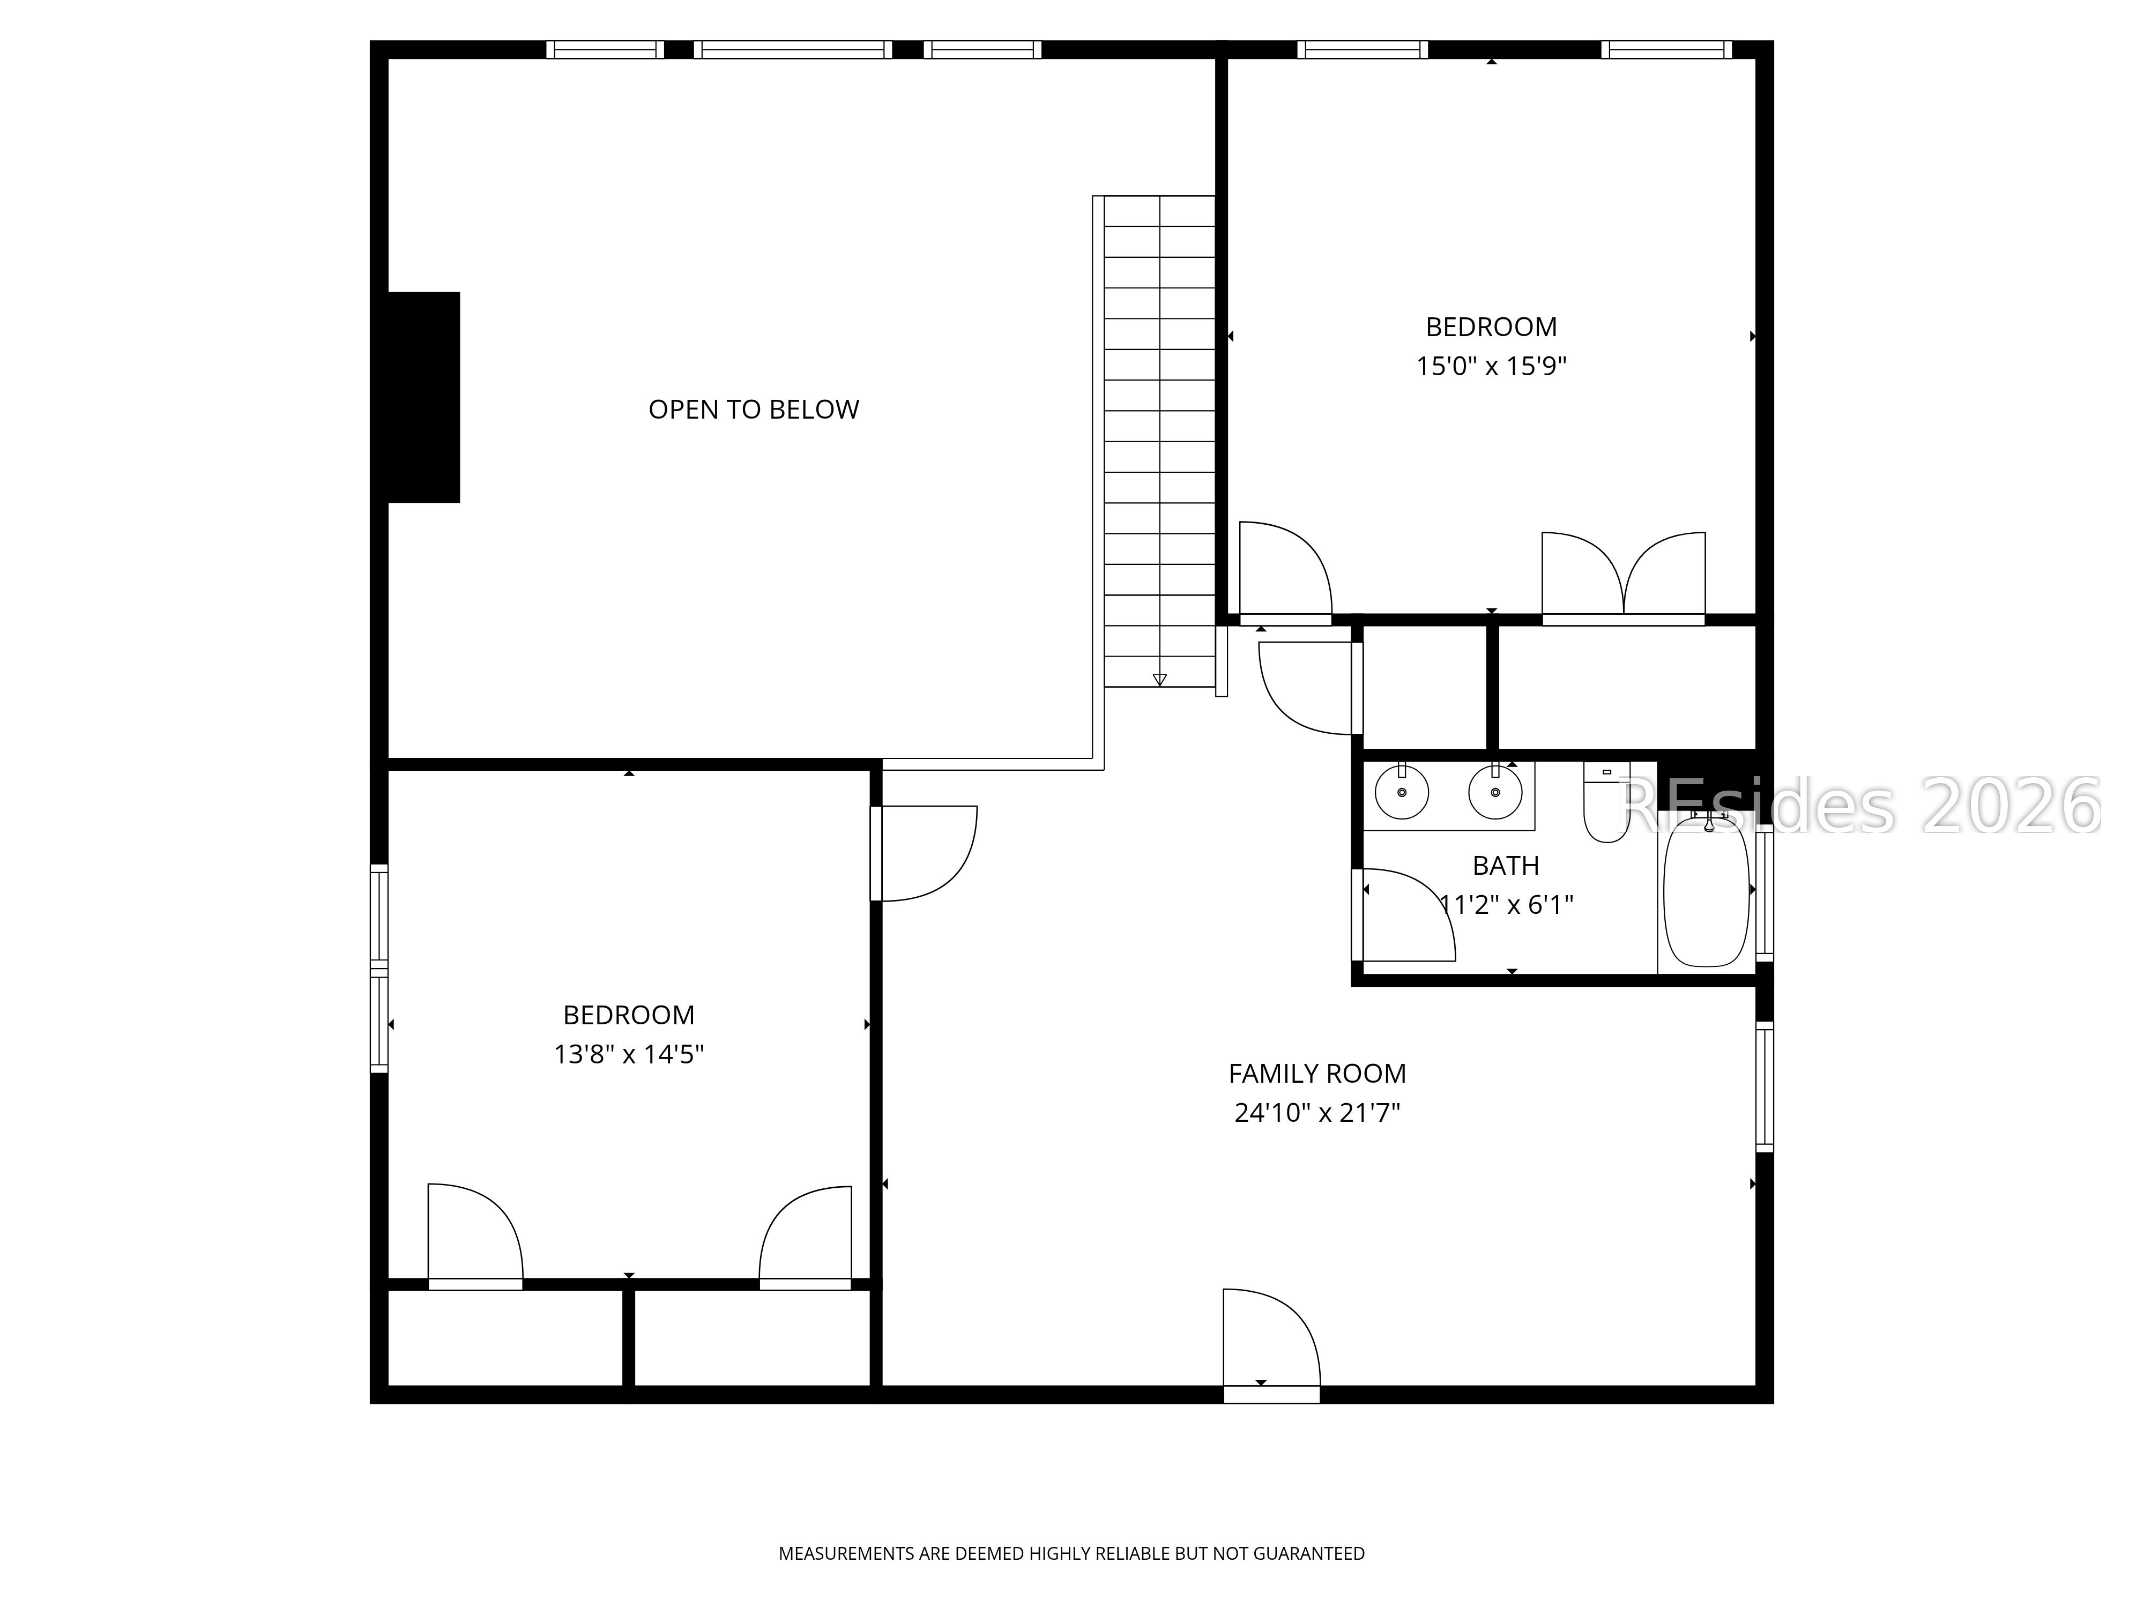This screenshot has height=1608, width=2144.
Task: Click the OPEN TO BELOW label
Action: pos(753,410)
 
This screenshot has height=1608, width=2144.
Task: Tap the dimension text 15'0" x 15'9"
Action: pos(1491,367)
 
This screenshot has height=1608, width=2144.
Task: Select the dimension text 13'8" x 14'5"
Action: pos(628,1054)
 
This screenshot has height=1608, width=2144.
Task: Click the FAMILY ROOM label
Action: pos(1316,1074)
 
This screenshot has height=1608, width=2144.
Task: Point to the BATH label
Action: pos(1505,866)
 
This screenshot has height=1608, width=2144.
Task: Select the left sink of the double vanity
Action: pos(1402,792)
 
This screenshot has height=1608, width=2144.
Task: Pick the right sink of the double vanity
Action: pos(1494,792)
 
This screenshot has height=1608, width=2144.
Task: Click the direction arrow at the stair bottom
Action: pos(1159,680)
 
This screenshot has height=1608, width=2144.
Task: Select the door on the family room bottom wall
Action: pos(1270,1343)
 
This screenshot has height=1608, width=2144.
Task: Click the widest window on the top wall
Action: pos(793,49)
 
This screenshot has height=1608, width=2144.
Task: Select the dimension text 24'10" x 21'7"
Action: pos(1316,1113)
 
